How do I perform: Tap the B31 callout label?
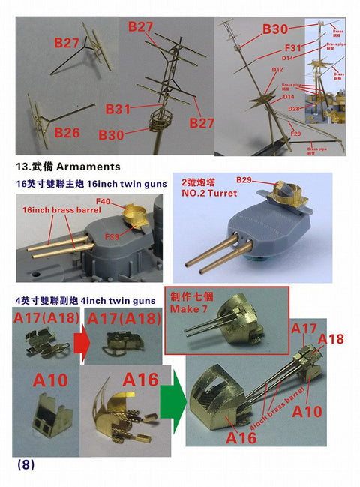[x=118, y=110]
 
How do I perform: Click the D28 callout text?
[x=294, y=109]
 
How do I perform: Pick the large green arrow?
[x=172, y=407]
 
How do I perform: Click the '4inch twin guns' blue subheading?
[x=113, y=300]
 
